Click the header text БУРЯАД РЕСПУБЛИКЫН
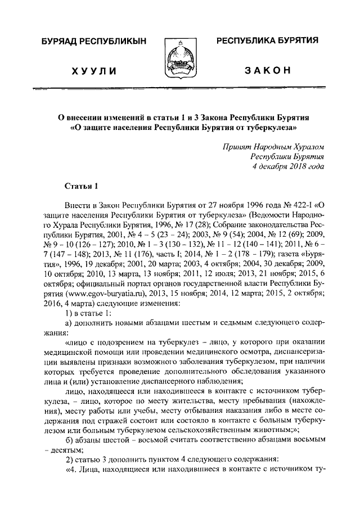(93, 42)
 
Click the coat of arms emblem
(179, 58)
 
